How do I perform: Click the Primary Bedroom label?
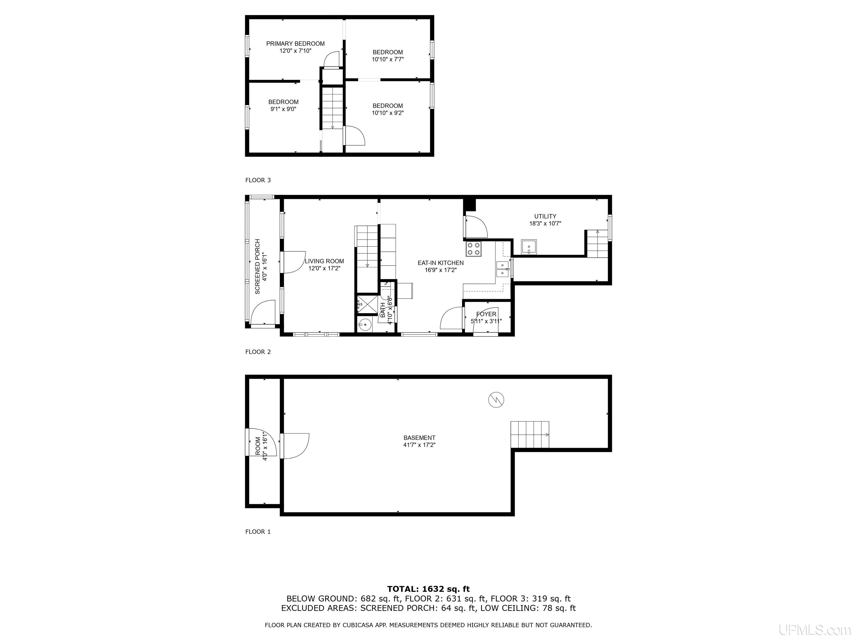(x=295, y=44)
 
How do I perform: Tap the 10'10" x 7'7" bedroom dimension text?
(x=388, y=59)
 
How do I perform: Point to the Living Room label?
(x=324, y=261)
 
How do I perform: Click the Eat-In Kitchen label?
(x=440, y=263)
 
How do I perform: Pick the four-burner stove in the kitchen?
(x=473, y=248)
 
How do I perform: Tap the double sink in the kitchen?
(x=502, y=269)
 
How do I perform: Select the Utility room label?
(x=545, y=216)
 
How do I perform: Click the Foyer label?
(x=486, y=314)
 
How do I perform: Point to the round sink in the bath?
(x=364, y=325)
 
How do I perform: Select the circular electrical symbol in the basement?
(x=496, y=400)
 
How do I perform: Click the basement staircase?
(x=529, y=435)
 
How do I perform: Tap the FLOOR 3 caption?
(x=258, y=180)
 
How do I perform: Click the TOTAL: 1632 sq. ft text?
(x=428, y=589)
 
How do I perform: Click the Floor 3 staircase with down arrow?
(x=332, y=108)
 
